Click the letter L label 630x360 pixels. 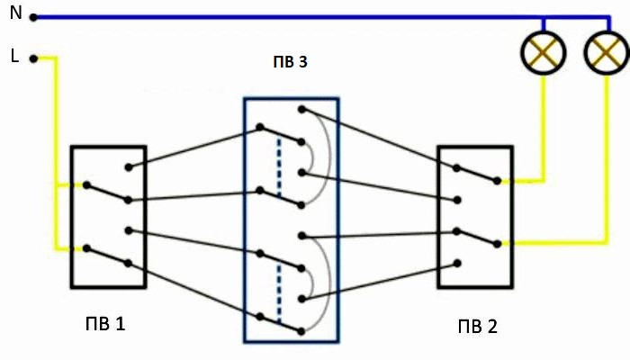(14, 56)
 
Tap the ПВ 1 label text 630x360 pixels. (104, 323)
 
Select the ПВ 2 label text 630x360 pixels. (475, 324)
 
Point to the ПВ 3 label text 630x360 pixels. (290, 63)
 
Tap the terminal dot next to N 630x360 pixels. (33, 16)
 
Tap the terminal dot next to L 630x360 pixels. (33, 58)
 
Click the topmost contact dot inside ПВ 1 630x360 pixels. (129, 166)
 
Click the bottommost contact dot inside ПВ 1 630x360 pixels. (129, 264)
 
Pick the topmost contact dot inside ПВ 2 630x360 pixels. (458, 166)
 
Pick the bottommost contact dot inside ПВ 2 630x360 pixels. (458, 264)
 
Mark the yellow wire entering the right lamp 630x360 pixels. (603, 153)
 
